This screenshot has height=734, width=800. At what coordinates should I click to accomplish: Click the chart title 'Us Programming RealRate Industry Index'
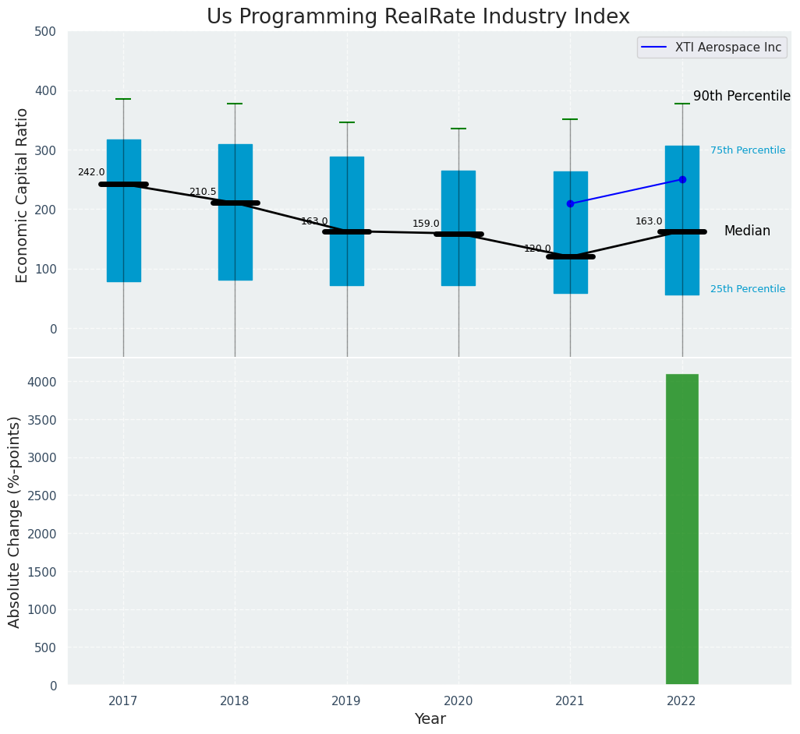click(x=418, y=17)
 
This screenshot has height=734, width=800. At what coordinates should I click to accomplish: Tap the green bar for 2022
click(x=681, y=529)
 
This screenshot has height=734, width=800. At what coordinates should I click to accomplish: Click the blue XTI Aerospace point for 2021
click(x=570, y=203)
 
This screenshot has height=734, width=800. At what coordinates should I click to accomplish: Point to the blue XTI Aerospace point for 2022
click(x=682, y=179)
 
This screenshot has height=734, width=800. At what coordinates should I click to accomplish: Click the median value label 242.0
click(x=91, y=172)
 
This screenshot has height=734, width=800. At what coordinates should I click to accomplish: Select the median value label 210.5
click(x=203, y=192)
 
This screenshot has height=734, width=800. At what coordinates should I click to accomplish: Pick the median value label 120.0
click(x=537, y=249)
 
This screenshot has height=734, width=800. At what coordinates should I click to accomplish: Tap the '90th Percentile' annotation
click(x=742, y=97)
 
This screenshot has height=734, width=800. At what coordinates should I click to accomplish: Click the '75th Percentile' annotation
click(x=747, y=150)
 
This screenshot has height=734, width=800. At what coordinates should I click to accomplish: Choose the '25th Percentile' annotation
click(x=747, y=289)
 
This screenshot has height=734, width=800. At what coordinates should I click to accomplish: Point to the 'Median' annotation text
click(x=747, y=231)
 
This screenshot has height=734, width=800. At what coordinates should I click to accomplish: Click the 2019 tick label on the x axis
click(x=346, y=701)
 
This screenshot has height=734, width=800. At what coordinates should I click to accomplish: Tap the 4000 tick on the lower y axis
click(x=42, y=382)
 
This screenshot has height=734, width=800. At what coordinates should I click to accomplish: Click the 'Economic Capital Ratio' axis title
click(x=23, y=195)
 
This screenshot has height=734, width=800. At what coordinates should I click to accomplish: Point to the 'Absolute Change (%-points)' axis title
click(x=15, y=521)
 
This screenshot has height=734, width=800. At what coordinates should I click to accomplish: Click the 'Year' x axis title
click(x=430, y=719)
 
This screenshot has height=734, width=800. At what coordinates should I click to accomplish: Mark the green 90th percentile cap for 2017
click(x=123, y=99)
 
